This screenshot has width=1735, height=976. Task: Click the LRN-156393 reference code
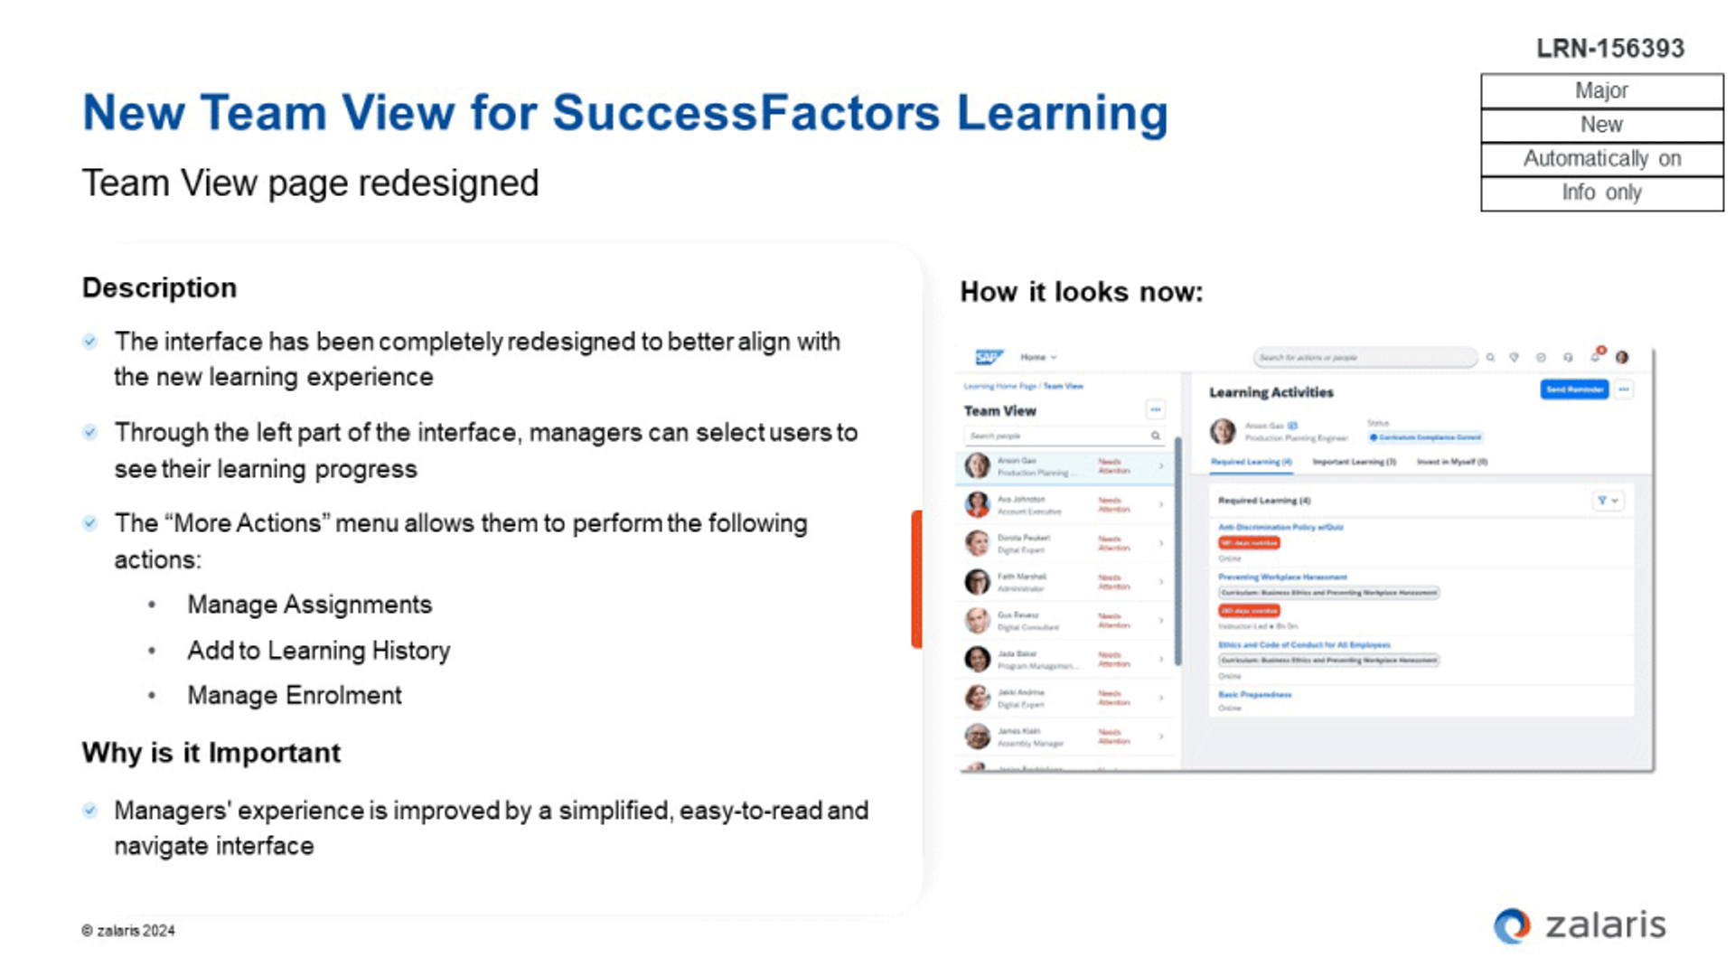point(1610,48)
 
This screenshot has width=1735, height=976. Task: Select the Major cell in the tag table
point(1601,90)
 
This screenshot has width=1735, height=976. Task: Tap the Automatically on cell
point(1601,159)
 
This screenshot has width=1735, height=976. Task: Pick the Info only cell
point(1601,192)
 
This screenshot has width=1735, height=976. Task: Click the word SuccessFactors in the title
point(746,113)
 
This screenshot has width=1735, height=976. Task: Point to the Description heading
point(159,287)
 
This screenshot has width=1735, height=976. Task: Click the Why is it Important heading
point(211,752)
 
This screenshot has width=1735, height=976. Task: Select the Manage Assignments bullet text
point(309,604)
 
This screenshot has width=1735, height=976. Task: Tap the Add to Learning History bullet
point(318,650)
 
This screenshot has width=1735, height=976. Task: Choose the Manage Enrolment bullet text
point(294,695)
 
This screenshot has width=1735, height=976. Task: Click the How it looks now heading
point(1081,292)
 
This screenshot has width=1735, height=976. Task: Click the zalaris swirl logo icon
point(1512,925)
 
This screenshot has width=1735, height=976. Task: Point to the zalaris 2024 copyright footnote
point(128,930)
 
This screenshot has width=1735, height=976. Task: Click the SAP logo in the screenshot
point(989,357)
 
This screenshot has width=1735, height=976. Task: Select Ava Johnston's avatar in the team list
point(977,504)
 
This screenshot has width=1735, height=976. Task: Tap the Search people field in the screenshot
point(1057,436)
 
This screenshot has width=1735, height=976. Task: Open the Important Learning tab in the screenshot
point(1354,462)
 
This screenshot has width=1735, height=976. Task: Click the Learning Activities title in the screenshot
point(1271,392)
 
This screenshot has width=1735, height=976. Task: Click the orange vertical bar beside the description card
point(916,578)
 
